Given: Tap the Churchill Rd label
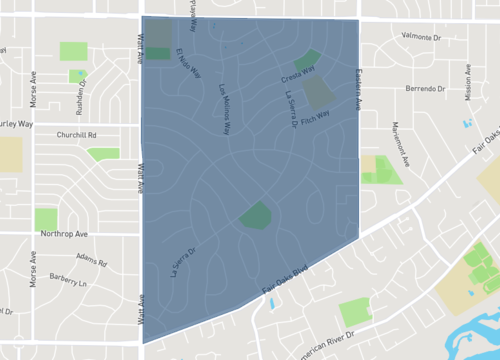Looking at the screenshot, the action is point(76,134).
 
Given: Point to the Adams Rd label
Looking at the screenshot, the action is point(91,261).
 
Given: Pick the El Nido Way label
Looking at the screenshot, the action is point(189,64).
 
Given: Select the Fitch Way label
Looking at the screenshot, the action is point(315,117).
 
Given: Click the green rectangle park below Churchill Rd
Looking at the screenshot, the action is point(103,154).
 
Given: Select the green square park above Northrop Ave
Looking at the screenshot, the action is point(46,219).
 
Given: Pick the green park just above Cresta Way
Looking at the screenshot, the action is point(309,58).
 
